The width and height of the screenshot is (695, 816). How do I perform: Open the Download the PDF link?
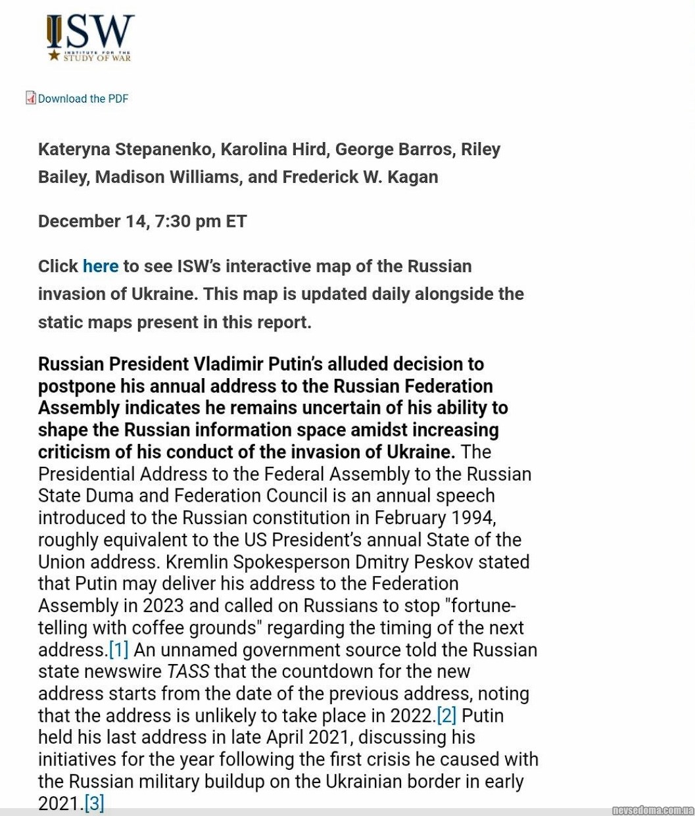click(83, 99)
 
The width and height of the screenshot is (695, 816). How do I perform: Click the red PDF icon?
click(31, 98)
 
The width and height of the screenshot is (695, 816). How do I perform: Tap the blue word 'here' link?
click(101, 266)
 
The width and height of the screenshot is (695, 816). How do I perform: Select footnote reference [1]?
click(118, 650)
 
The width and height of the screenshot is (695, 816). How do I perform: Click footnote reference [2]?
click(446, 716)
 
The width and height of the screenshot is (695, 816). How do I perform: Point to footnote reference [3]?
click(94, 804)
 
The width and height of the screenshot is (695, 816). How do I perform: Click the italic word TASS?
click(188, 672)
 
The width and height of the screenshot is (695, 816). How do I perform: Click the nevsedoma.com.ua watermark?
click(652, 810)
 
